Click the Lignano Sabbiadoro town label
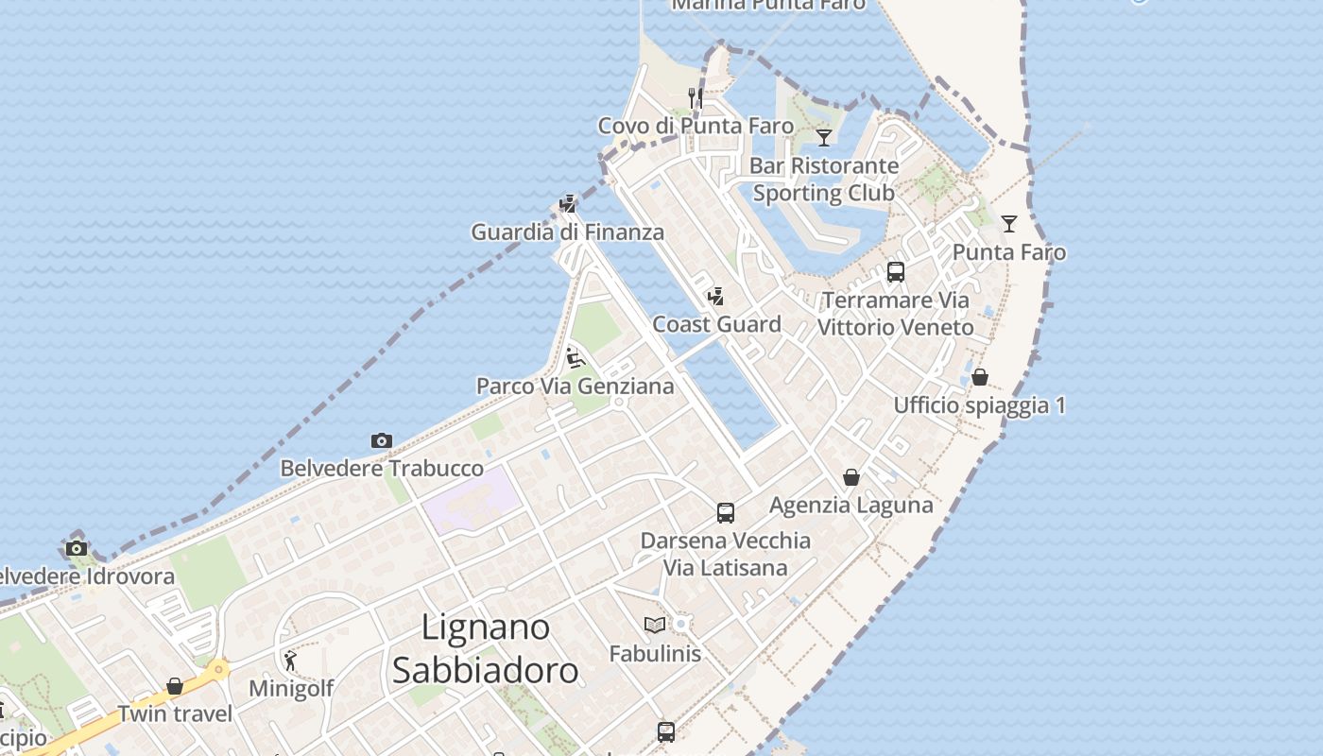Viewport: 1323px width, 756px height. (x=485, y=648)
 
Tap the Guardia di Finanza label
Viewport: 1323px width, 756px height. (x=567, y=232)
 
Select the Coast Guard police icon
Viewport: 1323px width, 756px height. (x=716, y=297)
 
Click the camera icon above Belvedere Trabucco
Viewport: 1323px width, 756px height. (x=382, y=440)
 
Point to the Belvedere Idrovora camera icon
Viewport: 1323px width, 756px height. (x=77, y=548)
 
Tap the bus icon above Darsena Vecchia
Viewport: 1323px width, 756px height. (x=726, y=512)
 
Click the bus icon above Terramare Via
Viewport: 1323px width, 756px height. (x=896, y=272)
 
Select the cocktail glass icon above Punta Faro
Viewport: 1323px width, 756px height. (x=1009, y=224)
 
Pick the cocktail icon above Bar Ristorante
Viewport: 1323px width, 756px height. (x=824, y=138)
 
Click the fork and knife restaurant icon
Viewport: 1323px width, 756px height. (x=695, y=97)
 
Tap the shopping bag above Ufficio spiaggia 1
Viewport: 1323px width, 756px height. (x=980, y=377)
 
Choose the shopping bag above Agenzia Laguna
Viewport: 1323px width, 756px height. (x=851, y=477)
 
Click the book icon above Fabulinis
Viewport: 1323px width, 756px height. (x=655, y=625)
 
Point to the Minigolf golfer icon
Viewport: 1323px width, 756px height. (x=290, y=660)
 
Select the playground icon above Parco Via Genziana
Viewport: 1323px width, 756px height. (x=575, y=358)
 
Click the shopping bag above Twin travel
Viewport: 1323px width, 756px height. (x=175, y=685)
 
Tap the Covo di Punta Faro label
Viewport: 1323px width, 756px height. (x=696, y=126)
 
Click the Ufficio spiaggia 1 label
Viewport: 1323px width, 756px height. (x=979, y=405)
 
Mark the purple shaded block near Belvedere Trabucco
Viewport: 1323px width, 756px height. (x=470, y=499)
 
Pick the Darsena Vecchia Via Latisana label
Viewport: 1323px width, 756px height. (x=725, y=554)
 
